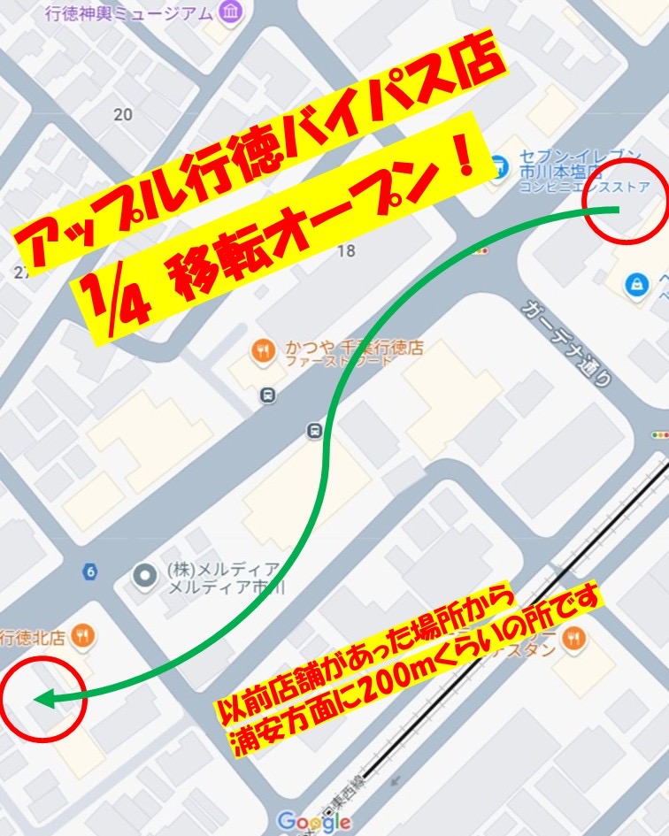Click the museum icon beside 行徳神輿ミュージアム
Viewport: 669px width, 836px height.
pos(232,12)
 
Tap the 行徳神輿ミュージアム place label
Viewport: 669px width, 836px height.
pos(132,12)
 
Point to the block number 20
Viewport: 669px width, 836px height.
pos(123,114)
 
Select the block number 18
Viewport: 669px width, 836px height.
pos(346,250)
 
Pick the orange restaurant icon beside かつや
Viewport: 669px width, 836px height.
pos(263,351)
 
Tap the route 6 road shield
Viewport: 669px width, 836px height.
pos(89,571)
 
